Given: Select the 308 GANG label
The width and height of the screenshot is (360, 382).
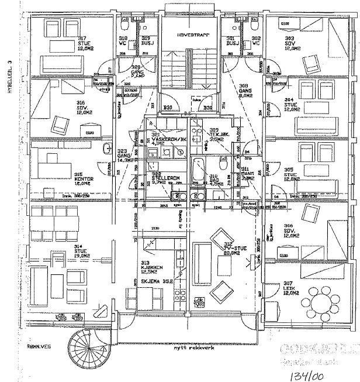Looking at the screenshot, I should click(x=244, y=90).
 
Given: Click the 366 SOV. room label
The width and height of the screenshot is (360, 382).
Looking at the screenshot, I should click(x=289, y=230).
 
